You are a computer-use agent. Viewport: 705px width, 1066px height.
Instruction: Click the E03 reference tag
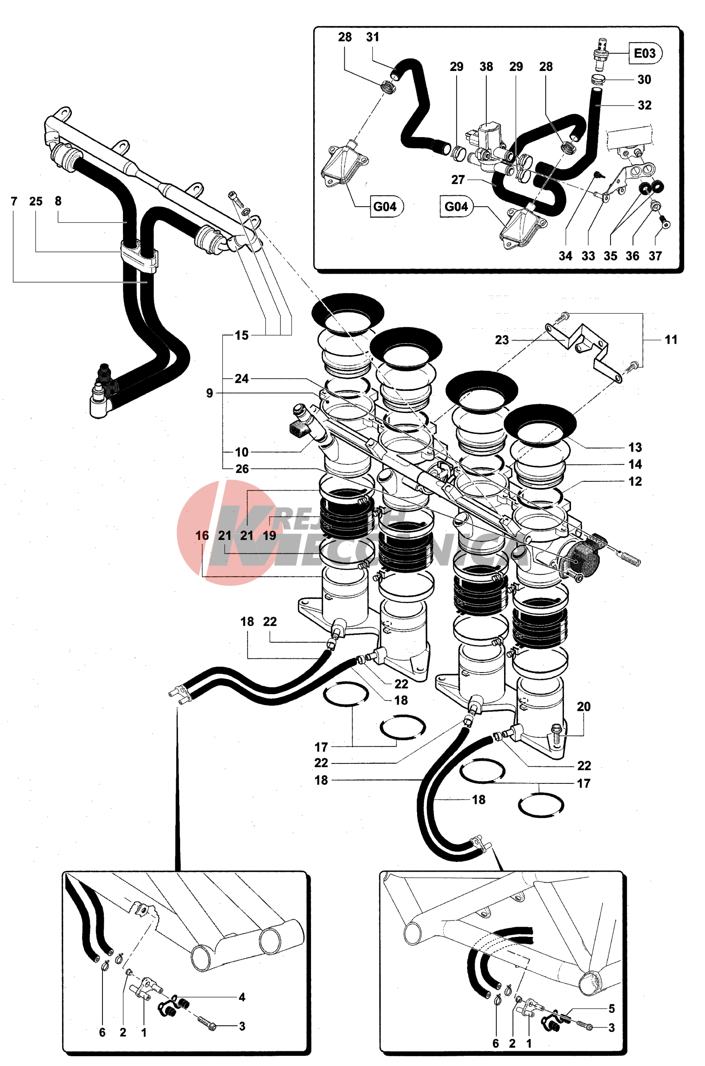pyautogui.click(x=644, y=53)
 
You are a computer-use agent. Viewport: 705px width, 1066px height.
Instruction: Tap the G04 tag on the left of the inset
pyautogui.click(x=385, y=206)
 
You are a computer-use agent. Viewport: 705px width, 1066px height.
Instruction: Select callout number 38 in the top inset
pyautogui.click(x=486, y=67)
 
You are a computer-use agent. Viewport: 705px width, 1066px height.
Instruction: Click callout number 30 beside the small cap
pyautogui.click(x=644, y=79)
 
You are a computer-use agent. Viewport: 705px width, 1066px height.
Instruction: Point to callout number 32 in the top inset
pyautogui.click(x=644, y=105)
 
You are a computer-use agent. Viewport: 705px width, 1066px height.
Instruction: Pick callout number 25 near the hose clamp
pyautogui.click(x=36, y=201)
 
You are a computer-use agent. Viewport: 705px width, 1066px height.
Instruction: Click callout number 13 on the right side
pyautogui.click(x=635, y=447)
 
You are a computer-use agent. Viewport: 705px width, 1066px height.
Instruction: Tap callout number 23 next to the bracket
pyautogui.click(x=502, y=340)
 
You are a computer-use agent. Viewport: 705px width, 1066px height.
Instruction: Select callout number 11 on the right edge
pyautogui.click(x=671, y=339)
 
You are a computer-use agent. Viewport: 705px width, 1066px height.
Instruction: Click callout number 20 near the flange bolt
pyautogui.click(x=583, y=706)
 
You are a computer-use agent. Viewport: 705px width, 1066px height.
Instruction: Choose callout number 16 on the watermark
pyautogui.click(x=202, y=535)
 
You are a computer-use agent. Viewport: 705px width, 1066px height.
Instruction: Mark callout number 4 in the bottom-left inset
pyautogui.click(x=242, y=997)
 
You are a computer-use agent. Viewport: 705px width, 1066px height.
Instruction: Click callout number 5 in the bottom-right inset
pyautogui.click(x=611, y=1008)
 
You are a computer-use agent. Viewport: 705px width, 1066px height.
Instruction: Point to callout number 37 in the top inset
pyautogui.click(x=655, y=256)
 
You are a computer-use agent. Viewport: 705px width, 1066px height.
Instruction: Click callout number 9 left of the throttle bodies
pyautogui.click(x=209, y=393)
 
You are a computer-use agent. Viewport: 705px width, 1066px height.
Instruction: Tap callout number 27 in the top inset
pyautogui.click(x=458, y=180)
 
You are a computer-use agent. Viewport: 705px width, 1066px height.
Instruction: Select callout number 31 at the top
pyautogui.click(x=373, y=37)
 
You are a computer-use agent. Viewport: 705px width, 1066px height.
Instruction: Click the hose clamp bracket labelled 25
pyautogui.click(x=138, y=256)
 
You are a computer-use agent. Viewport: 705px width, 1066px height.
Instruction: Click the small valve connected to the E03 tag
pyautogui.click(x=599, y=54)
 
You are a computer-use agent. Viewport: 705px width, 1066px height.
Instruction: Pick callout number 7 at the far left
pyautogui.click(x=14, y=201)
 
